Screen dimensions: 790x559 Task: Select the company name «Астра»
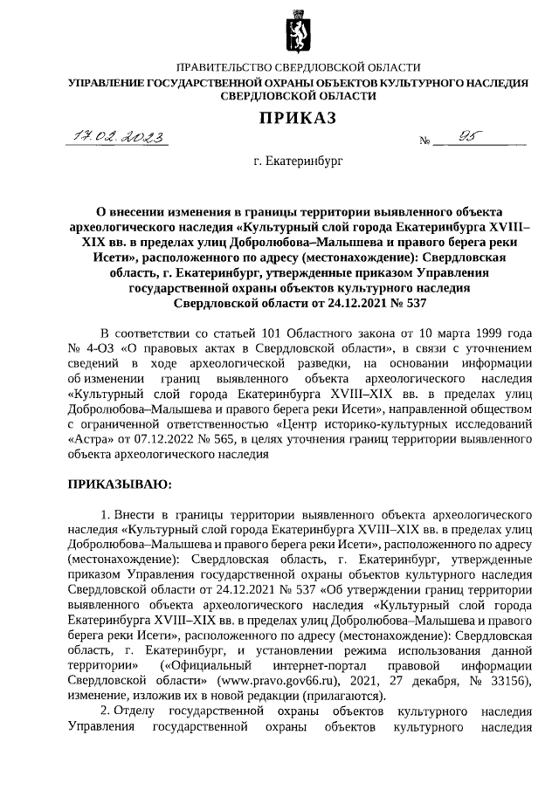(89, 438)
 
